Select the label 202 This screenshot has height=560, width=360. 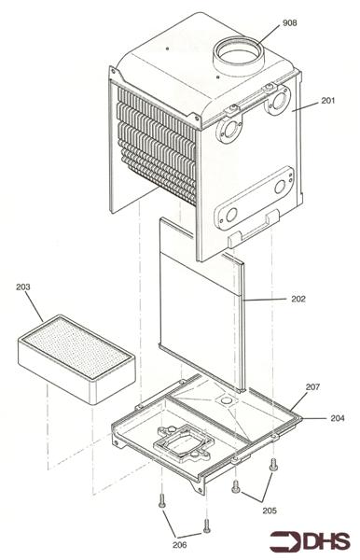click(272, 300)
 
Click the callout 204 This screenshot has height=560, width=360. click(337, 418)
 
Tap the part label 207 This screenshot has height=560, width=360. click(312, 385)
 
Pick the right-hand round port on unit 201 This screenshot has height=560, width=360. click(277, 105)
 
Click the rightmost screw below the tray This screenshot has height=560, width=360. click(273, 464)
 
